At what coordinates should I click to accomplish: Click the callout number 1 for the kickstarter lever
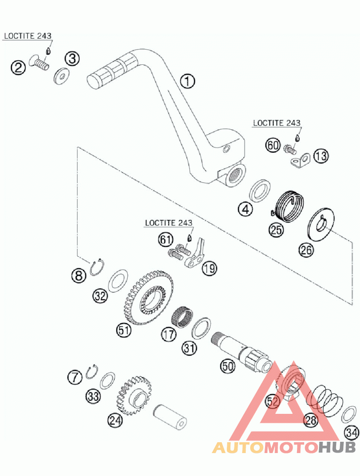coord(188,82)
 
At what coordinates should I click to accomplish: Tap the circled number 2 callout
coord(18,68)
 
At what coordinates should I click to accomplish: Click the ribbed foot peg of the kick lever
coord(112,70)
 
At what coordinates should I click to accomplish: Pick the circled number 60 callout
coord(273,146)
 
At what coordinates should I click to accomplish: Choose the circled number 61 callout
coord(165,240)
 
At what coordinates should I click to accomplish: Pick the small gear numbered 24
coord(134,395)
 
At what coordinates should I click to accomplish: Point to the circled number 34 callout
coord(352,433)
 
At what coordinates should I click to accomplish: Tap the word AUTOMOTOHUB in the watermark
coord(284,447)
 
